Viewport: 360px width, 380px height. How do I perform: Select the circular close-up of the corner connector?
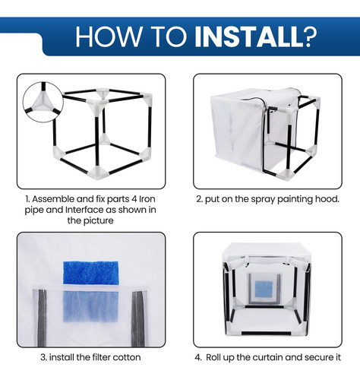[43, 102]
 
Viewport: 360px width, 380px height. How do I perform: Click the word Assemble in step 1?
[53, 199]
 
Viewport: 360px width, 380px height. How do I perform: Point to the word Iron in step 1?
[147, 199]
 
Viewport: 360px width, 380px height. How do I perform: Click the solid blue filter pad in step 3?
[90, 273]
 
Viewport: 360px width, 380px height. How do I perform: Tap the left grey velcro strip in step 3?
[42, 318]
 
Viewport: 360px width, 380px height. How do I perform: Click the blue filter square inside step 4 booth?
[264, 289]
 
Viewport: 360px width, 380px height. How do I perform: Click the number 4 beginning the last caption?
[197, 358]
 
